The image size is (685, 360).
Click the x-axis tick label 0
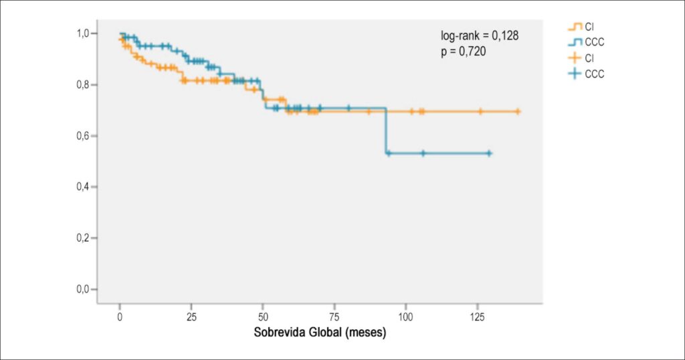click(x=120, y=317)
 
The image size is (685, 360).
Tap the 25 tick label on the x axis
click(x=191, y=317)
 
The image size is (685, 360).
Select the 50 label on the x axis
click(x=263, y=317)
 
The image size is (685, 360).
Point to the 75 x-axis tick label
click(x=334, y=317)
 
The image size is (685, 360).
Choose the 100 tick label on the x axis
click(x=406, y=317)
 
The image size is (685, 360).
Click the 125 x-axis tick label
click(x=478, y=317)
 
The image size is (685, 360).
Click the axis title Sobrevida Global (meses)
click(x=320, y=333)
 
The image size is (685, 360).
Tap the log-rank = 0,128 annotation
click(x=479, y=36)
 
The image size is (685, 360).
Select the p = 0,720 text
click(x=463, y=52)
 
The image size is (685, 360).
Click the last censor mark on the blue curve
click(x=489, y=154)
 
